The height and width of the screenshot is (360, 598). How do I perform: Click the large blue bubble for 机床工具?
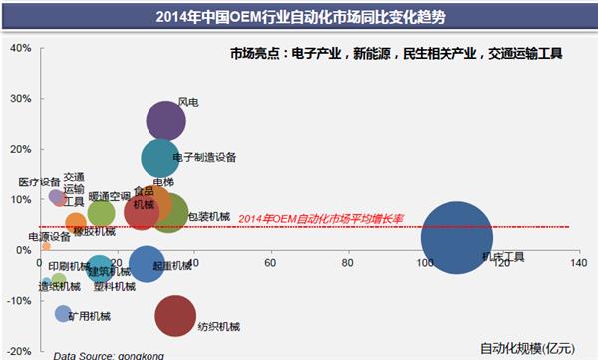pyautogui.click(x=457, y=237)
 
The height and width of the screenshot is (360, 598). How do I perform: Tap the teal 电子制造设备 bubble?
pyautogui.click(x=160, y=158)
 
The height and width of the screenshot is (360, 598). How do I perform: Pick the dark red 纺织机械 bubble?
pyautogui.click(x=175, y=316)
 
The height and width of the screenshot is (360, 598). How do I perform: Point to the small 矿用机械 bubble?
pyautogui.click(x=63, y=314)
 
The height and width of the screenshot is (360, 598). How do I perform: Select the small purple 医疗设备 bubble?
pyautogui.click(x=57, y=196)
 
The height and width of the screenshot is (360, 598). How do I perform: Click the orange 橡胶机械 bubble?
pyautogui.click(x=75, y=222)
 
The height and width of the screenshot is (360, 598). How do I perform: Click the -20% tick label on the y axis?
pyautogui.click(x=16, y=351)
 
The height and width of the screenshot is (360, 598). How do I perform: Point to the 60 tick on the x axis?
pyautogui.click(x=270, y=263)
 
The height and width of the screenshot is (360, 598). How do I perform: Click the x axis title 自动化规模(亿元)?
pyautogui.click(x=527, y=348)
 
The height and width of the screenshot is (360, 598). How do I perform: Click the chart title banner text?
pyautogui.click(x=298, y=16)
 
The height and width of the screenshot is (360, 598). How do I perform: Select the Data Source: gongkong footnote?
pyautogui.click(x=99, y=353)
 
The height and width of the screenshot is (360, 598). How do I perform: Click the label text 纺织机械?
pyautogui.click(x=220, y=326)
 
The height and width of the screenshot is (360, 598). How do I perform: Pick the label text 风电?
pyautogui.click(x=188, y=102)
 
